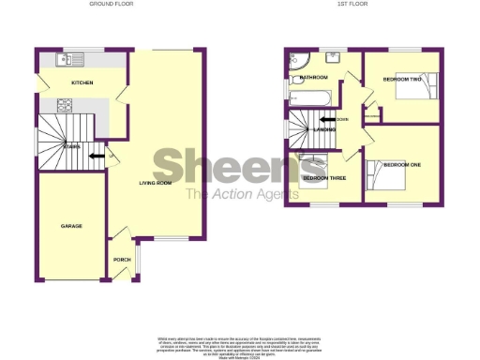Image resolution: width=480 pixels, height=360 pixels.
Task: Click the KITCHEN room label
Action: pos(82,83)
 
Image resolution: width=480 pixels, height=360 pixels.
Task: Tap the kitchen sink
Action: pos(68,60)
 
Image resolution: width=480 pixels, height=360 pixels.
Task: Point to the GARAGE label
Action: pos(71,227)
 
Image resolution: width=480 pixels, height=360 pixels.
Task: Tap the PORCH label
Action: pos(121,261)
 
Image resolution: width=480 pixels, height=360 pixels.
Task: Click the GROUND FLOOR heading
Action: pos(111,5)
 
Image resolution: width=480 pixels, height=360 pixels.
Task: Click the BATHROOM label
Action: pos(313,77)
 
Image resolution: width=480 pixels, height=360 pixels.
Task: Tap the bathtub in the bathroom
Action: pos(310,96)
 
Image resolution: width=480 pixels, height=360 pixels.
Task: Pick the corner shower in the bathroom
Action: pos(300,62)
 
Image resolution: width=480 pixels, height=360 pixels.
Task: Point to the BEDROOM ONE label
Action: pos(404,165)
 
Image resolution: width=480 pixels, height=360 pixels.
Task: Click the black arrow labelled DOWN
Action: pos(328,119)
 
